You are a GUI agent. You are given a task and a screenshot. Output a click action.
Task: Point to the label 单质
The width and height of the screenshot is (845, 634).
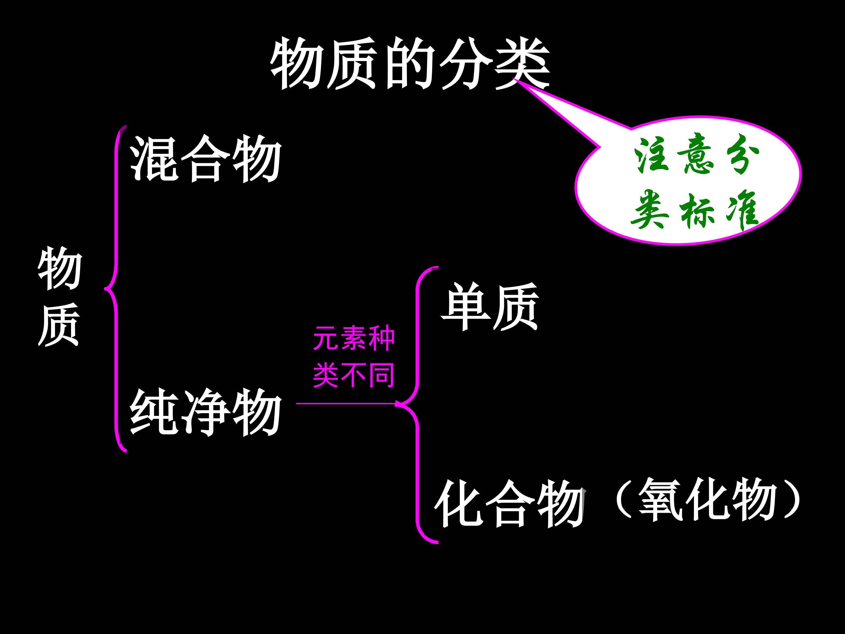pos(490,306)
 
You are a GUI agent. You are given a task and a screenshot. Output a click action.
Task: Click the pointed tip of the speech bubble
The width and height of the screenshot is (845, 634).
pos(514,79)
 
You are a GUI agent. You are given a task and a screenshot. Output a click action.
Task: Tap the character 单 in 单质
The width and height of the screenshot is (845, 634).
pos(465,306)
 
